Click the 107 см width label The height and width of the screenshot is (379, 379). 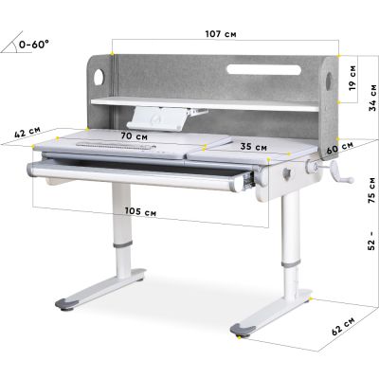[221, 34]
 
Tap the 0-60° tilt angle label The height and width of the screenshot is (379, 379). [34, 45]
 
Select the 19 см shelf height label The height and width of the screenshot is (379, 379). [352, 78]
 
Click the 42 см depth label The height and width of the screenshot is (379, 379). [27, 132]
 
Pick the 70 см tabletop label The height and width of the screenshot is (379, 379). [135, 136]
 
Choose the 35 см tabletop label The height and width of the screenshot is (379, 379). [253, 147]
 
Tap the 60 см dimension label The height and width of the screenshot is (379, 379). [340, 148]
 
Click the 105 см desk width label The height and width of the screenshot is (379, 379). [140, 211]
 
